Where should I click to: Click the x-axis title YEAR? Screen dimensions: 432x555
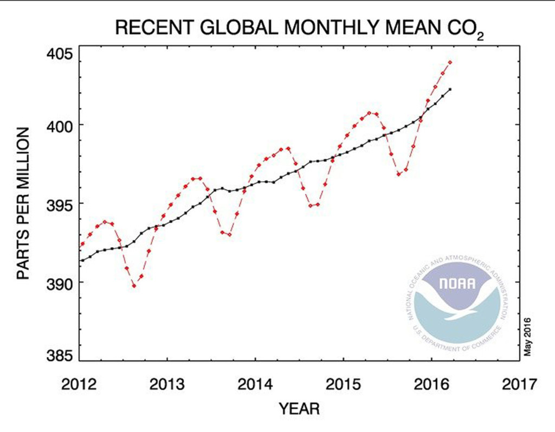click(x=299, y=408)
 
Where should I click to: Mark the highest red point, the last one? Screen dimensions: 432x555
click(x=450, y=62)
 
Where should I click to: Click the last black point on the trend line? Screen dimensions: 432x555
click(x=450, y=89)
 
